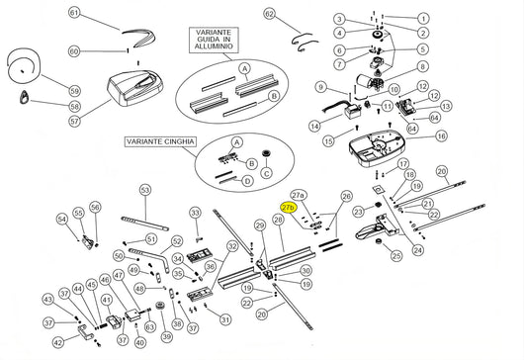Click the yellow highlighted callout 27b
coord(290,209)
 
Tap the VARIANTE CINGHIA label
coord(159,143)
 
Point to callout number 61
coord(74,13)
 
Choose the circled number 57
coord(73,121)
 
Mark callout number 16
coord(442,135)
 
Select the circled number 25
coord(396,256)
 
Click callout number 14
coord(313,126)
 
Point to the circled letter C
coord(265,173)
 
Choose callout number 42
coord(58,342)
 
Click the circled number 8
coord(423,66)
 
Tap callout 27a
coord(299,196)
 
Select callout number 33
coord(196,213)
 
